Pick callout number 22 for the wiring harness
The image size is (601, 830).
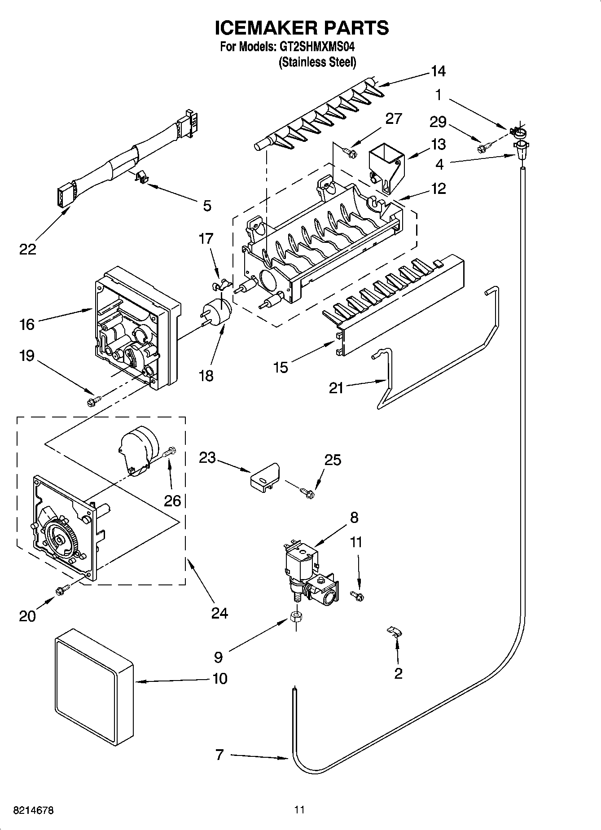[27, 250]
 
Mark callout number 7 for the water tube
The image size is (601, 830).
[219, 755]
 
